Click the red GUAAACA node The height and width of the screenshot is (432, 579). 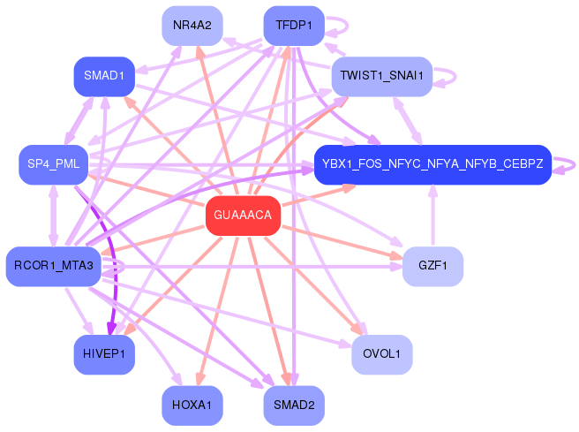[243, 216]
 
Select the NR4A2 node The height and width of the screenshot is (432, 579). [192, 26]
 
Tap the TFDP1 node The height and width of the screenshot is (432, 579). [294, 26]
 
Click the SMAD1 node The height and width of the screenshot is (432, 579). [104, 77]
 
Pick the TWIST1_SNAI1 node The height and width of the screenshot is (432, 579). [382, 77]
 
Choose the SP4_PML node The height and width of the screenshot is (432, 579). [54, 164]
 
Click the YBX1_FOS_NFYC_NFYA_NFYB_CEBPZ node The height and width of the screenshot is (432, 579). [432, 164]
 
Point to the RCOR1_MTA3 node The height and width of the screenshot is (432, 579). [54, 267]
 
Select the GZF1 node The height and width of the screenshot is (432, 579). [432, 267]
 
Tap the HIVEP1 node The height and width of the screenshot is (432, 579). [104, 354]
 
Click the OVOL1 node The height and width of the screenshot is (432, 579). [382, 354]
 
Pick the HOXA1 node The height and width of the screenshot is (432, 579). [192, 405]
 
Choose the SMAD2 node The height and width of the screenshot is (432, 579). [294, 405]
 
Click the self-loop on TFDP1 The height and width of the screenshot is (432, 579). [348, 26]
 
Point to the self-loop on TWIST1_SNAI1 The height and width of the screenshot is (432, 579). [455, 77]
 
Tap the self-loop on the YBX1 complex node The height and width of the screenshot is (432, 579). [575, 165]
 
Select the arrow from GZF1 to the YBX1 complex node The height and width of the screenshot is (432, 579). [432, 216]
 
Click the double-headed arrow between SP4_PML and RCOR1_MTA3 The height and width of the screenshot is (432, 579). [54, 216]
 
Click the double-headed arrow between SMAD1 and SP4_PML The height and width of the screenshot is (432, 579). [79, 121]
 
